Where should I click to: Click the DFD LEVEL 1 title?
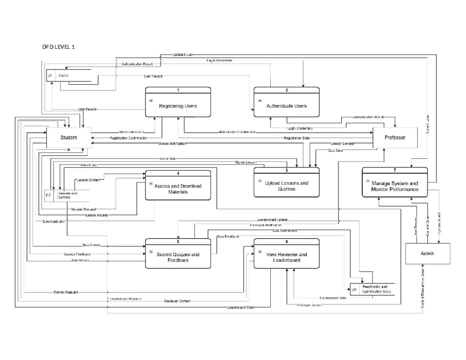(59, 47)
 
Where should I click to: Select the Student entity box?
(69, 137)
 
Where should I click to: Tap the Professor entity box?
(395, 137)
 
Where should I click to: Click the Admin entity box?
(427, 254)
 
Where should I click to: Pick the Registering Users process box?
(178, 103)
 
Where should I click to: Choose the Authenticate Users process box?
(287, 103)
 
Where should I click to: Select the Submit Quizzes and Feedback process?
(178, 254)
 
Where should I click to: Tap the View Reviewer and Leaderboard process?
(287, 254)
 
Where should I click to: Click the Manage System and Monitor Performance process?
(395, 183)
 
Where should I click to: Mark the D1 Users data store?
(68, 76)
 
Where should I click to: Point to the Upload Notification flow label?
(172, 144)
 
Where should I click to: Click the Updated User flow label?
(183, 55)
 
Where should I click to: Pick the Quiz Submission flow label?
(284, 230)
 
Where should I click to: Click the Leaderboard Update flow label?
(272, 220)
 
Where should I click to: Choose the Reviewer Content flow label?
(177, 301)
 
